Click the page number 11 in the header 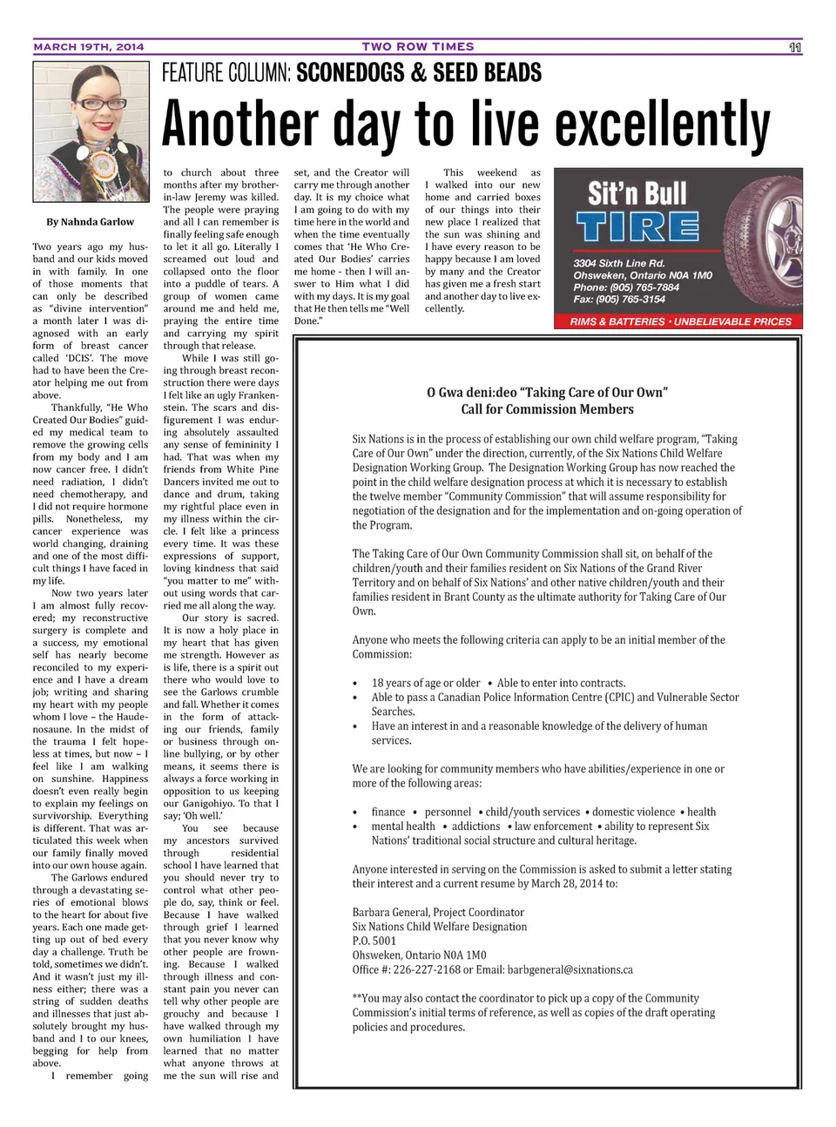pos(794,47)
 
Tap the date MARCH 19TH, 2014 pos(89,47)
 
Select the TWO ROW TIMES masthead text pos(418,47)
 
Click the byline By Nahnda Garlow pos(91,222)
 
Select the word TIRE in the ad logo pos(637,228)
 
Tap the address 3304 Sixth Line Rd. pos(619,263)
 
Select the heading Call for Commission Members pos(547,409)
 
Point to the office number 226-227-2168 pos(440,969)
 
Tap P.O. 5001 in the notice pos(374,941)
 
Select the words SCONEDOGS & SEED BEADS pos(419,73)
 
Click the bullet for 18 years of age pos(355,684)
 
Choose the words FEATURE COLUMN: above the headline pos(226,73)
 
